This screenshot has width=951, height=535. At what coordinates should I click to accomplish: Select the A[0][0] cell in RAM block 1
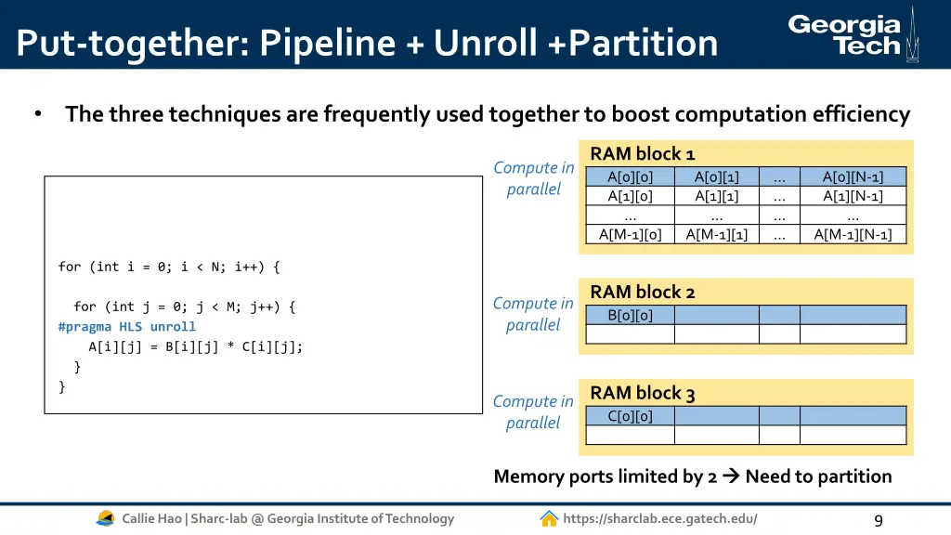tap(630, 176)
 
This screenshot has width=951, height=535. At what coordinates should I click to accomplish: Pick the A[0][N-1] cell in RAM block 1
tap(853, 176)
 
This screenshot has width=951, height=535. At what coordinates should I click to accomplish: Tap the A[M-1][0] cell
tap(630, 235)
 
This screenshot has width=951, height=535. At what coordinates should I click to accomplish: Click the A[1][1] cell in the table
tap(716, 196)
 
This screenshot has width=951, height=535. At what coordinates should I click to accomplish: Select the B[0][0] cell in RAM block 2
tap(630, 315)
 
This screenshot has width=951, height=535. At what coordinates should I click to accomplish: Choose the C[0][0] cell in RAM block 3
tap(630, 416)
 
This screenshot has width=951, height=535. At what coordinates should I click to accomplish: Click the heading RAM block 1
tap(642, 153)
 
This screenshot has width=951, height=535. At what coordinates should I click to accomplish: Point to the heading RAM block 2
tap(642, 292)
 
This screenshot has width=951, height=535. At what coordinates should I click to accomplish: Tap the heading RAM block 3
tap(642, 393)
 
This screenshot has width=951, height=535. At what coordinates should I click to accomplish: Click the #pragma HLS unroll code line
tap(126, 327)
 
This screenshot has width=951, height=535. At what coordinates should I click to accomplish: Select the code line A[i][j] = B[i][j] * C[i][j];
tap(195, 346)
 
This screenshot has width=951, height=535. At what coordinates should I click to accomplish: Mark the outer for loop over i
tap(168, 267)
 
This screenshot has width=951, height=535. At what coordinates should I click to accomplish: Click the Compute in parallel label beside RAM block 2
tap(533, 314)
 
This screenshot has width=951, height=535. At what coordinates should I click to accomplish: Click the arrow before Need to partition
tap(730, 476)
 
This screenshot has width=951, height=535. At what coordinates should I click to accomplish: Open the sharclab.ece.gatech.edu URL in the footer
tap(659, 518)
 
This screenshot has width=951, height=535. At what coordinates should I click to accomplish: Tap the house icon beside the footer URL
tap(549, 518)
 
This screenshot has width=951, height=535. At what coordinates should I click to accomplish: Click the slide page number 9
tap(878, 520)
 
